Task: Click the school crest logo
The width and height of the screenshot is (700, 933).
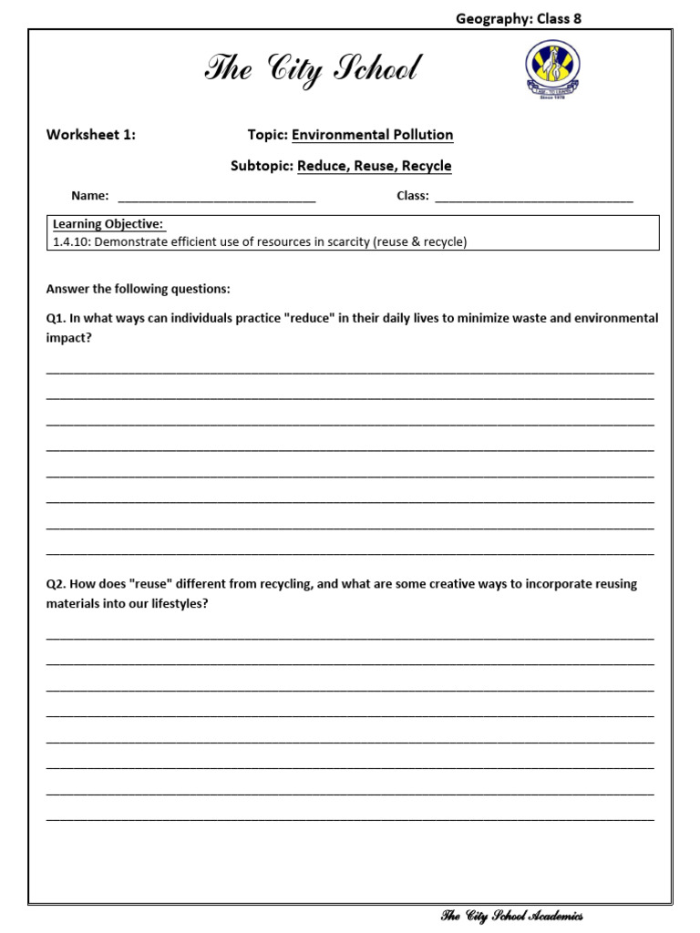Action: pos(551,74)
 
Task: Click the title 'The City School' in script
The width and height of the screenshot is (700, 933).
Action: pos(314,69)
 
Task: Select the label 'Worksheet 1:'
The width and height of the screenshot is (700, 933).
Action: pos(91,135)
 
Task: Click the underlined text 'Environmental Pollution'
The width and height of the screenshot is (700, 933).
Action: pos(372,135)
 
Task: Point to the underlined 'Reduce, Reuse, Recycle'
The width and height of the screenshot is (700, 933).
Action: pos(374,166)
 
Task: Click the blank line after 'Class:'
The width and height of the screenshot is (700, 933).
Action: pos(533,197)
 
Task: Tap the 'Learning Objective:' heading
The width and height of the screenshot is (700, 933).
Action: pos(108,224)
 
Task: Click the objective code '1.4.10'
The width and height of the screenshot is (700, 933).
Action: pos(70,241)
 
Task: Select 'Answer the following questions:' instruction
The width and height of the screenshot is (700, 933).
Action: pos(139,289)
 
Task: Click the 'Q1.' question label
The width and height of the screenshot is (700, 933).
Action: pos(57,318)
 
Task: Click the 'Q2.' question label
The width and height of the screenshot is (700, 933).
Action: pos(57,584)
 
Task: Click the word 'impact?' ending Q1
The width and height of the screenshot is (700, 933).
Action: pos(69,337)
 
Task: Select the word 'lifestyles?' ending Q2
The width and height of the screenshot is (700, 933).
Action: pos(177,603)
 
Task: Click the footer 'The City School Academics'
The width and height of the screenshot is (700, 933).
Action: pos(511,916)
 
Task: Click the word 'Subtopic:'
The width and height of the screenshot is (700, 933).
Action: pos(262,166)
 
